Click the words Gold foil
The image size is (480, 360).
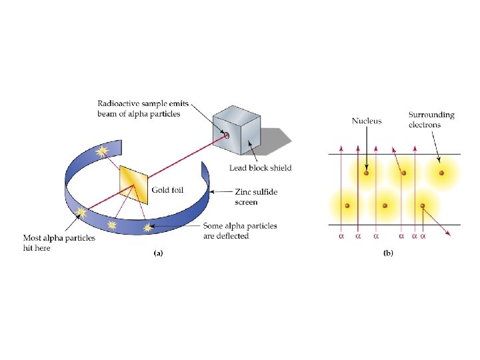tap(167, 191)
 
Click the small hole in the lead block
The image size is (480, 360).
tap(227, 135)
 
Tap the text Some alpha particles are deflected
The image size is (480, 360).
tap(240, 231)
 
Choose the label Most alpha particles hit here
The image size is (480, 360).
tap(59, 243)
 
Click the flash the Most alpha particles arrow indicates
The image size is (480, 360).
tap(81, 214)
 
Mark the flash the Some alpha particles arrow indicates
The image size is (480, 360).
tap(147, 228)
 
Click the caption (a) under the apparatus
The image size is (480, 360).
tap(159, 253)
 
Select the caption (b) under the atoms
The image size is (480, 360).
tap(388, 253)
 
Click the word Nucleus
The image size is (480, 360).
tap(367, 121)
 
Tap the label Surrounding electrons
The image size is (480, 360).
tap(431, 120)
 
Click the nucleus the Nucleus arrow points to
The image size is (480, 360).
tap(366, 175)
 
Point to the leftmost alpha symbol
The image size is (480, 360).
tap(342, 235)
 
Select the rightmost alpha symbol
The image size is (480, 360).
tap(423, 235)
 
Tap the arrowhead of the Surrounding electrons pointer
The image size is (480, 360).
tap(439, 161)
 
